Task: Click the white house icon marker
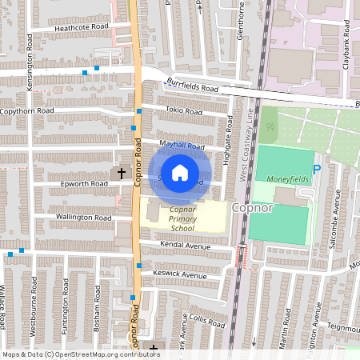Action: point(180,173)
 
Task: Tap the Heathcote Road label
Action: point(81,26)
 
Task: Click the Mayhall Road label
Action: point(182,146)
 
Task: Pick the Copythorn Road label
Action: point(27,110)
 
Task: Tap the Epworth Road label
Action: point(84,183)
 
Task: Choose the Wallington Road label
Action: point(82,217)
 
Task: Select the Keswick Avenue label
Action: point(179,274)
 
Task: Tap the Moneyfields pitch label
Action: point(286,179)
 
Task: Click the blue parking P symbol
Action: point(316,170)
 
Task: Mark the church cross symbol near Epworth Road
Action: point(122,173)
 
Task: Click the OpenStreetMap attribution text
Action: point(81,354)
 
